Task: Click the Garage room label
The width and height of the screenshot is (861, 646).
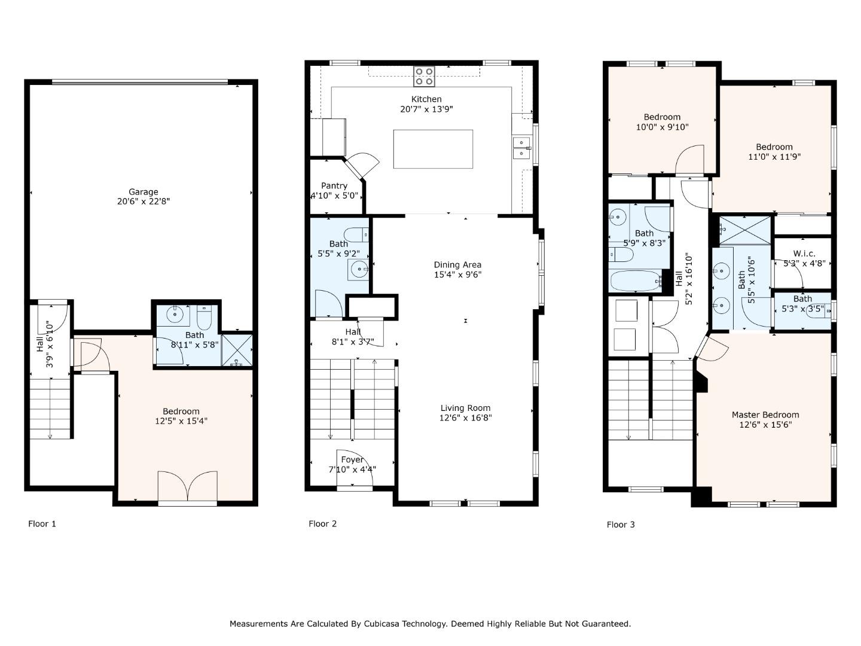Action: pos(143,192)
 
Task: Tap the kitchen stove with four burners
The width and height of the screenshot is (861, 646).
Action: pos(424,76)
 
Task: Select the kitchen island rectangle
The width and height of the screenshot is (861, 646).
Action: pos(433,149)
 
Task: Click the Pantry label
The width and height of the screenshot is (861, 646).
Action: pos(334,185)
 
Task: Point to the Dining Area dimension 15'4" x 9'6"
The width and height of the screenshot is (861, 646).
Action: pos(457,275)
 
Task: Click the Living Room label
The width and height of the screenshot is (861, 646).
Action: pos(465,408)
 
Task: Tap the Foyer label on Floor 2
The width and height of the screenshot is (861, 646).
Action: pos(352,459)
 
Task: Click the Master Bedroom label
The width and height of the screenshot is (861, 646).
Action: pos(765,415)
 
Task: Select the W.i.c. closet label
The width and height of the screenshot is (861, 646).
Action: pos(804,254)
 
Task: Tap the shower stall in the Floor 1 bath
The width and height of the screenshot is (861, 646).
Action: pos(237,351)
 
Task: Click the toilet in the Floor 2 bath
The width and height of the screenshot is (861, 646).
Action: pos(357,234)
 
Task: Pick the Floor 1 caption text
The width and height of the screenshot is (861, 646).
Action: pos(42,524)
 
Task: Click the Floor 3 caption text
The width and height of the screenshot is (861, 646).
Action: pos(621,525)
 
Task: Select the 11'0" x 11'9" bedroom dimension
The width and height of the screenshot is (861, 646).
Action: pos(774,157)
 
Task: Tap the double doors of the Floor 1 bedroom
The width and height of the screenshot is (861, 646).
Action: pos(187,487)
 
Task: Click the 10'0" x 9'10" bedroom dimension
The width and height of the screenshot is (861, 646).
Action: pos(662,127)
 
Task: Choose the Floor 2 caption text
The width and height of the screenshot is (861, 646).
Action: pos(323,524)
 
